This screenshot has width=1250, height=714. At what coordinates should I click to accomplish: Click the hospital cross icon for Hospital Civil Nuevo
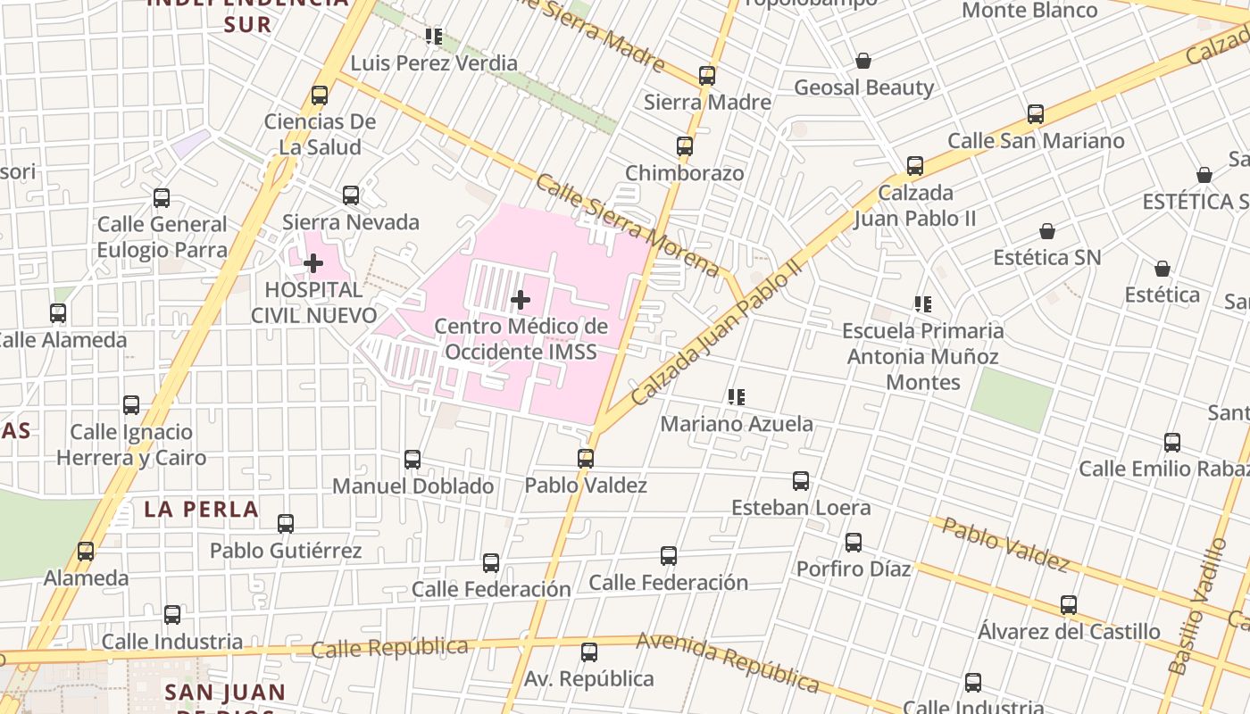[313, 263]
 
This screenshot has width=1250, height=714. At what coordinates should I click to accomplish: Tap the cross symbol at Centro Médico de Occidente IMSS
[521, 300]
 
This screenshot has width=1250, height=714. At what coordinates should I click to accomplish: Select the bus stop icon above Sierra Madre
[707, 75]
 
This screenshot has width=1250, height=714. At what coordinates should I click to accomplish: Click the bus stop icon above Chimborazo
[685, 145]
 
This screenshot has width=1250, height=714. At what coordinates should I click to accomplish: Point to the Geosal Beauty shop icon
[863, 61]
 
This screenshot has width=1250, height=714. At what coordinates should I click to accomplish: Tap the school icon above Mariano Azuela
[736, 396]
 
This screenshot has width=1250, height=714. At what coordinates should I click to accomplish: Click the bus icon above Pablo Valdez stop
[586, 458]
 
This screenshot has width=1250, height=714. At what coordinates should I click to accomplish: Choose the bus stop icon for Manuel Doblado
[412, 459]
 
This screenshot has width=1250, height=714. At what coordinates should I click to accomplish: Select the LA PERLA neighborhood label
[201, 510]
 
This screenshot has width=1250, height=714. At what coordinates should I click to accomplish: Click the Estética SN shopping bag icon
[1047, 231]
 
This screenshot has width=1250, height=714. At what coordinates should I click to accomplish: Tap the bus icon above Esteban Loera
[801, 481]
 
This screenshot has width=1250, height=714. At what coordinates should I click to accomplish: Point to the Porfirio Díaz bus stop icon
[854, 542]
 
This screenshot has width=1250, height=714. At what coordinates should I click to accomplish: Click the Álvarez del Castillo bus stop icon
[1069, 605]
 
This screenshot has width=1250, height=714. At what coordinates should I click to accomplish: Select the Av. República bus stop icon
[589, 652]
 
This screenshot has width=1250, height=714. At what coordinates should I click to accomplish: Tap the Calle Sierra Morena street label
[627, 224]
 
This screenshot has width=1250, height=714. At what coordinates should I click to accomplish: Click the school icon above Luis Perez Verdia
[434, 37]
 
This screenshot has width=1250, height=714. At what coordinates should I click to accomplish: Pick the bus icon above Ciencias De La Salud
[320, 95]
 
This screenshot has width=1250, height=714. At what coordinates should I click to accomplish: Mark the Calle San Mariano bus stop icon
[1036, 113]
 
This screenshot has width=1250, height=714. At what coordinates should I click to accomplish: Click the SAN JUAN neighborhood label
[225, 692]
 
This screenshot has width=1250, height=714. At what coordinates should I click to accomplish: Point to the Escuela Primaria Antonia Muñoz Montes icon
[923, 304]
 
